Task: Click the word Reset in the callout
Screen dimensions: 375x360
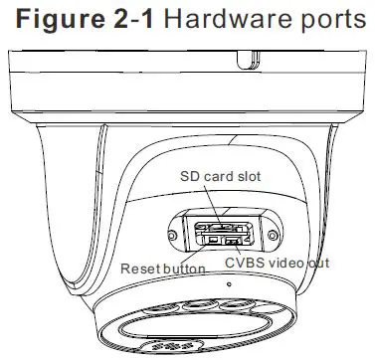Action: (x=138, y=269)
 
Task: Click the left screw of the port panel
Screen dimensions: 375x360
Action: (x=175, y=236)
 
